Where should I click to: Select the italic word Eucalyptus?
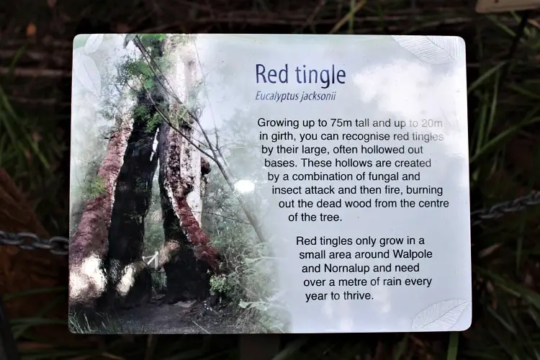(x=276, y=96)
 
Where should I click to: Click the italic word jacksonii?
(x=318, y=96)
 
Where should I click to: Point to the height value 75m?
(x=341, y=123)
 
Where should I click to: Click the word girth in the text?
(x=278, y=137)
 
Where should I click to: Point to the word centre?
(x=433, y=204)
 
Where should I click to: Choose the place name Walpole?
(x=413, y=255)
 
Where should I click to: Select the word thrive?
(x=358, y=295)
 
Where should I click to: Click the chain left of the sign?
(x=35, y=242)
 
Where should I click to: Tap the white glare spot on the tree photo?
(x=244, y=186)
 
